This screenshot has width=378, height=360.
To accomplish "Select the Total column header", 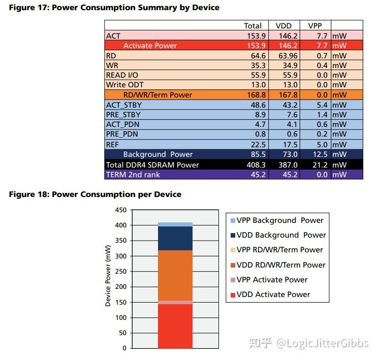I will [253, 25].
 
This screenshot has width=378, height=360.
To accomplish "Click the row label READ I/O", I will [122, 75].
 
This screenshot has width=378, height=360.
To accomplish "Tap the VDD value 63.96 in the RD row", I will [288, 55].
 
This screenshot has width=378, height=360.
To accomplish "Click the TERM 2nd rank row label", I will [133, 174].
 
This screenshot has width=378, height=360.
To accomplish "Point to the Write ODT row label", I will [125, 85].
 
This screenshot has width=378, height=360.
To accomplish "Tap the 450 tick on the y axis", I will [120, 210].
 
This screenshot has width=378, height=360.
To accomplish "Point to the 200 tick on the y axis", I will [120, 287].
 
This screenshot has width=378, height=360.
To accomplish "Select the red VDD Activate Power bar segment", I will [175, 326].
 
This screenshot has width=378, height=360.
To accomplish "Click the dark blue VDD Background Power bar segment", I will [175, 238].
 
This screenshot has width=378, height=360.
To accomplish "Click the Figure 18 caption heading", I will [94, 194].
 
